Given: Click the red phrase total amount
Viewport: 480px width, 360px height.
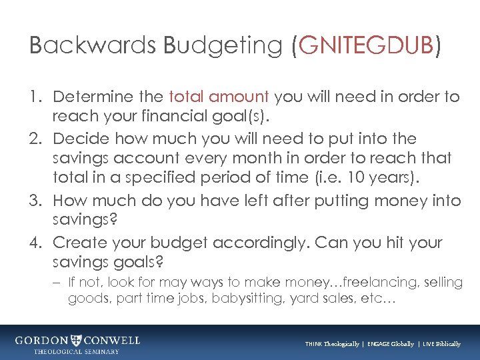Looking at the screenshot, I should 218,97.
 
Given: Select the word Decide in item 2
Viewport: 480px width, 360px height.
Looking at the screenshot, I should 78,139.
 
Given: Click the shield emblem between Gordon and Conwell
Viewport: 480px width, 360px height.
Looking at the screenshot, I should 78,340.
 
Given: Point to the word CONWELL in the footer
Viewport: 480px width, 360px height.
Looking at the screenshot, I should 112,340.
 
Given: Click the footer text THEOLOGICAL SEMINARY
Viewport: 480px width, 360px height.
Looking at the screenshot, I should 77,351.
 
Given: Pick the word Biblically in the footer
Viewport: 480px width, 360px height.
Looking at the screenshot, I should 445,344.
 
